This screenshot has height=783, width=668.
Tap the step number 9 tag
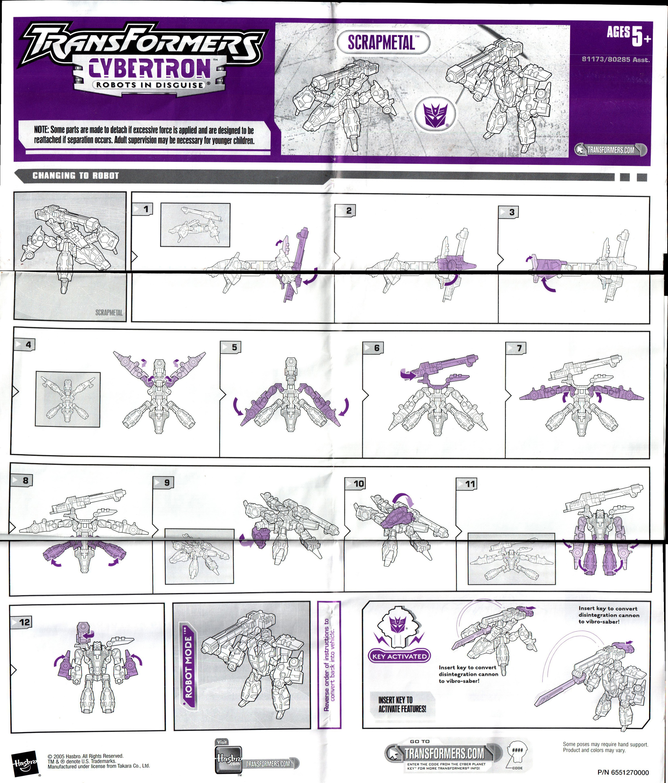[x=164, y=483]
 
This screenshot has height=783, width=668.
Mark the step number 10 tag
[x=355, y=483]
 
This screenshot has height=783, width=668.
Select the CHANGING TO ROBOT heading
[x=76, y=176]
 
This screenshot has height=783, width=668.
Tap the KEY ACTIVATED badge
[x=399, y=656]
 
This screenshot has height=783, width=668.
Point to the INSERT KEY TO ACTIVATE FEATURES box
[x=402, y=705]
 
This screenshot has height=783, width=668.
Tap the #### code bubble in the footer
[x=517, y=750]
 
